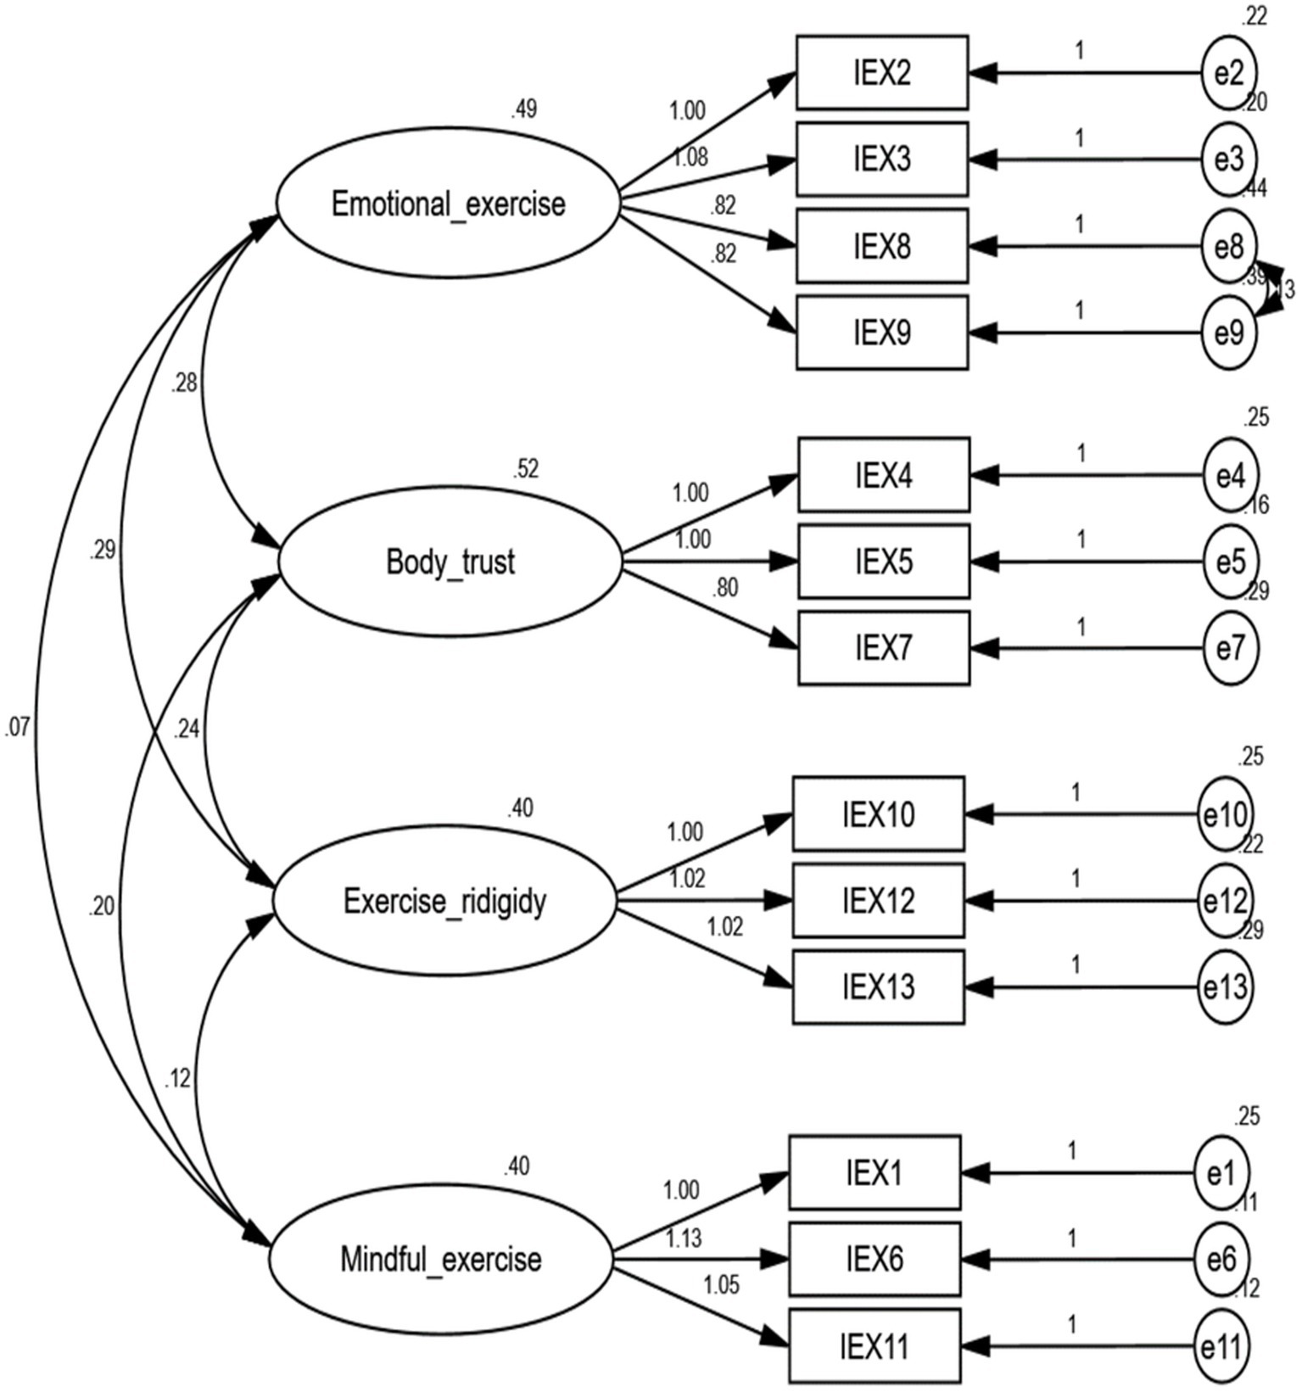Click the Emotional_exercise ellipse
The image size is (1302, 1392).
click(448, 204)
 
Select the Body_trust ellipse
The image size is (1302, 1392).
click(450, 562)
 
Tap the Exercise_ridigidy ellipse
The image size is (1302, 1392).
click(444, 901)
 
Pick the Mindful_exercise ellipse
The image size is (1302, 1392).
click(440, 1260)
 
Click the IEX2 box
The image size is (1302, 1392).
click(882, 73)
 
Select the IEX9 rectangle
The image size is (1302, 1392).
click(882, 333)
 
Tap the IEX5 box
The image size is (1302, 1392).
click(884, 562)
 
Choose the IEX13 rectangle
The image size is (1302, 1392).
click(879, 987)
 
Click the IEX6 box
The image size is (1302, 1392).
click(875, 1260)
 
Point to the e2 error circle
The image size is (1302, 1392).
click(1228, 73)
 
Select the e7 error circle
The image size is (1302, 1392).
click(1230, 649)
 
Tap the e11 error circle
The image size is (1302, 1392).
click(1221, 1347)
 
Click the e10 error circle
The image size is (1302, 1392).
click(1224, 815)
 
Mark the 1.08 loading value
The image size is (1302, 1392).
click(690, 157)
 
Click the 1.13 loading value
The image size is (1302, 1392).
click(684, 1238)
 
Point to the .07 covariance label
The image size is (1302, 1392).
click(17, 727)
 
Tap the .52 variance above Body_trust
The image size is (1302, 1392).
click(525, 469)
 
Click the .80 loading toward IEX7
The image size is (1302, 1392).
click(725, 587)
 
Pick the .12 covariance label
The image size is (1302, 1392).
click(177, 1079)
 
